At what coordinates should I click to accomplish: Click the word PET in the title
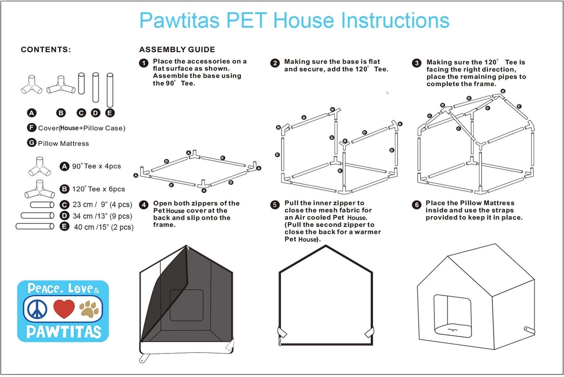[247, 20]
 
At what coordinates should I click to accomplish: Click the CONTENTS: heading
[46, 49]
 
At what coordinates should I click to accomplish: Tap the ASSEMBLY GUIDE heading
[177, 49]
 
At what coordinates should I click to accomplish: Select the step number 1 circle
[144, 63]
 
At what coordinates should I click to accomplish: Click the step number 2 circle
[275, 63]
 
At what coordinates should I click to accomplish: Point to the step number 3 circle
[417, 63]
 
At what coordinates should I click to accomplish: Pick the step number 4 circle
[144, 205]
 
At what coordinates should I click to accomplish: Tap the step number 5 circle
[275, 205]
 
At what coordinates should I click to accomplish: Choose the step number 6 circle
[417, 205]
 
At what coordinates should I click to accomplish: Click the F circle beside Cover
[31, 128]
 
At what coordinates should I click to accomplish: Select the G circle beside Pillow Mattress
[31, 143]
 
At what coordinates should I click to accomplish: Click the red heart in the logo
[64, 309]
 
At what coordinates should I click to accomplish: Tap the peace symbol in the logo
[37, 309]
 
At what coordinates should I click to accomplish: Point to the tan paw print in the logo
[89, 309]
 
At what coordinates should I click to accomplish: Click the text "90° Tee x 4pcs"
[96, 166]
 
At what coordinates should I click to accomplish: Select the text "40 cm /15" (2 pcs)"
[104, 227]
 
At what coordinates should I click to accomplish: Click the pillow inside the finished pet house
[453, 330]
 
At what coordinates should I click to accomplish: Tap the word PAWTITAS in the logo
[64, 332]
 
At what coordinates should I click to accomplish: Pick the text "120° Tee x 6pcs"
[98, 189]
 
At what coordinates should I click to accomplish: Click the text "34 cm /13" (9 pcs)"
[102, 216]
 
